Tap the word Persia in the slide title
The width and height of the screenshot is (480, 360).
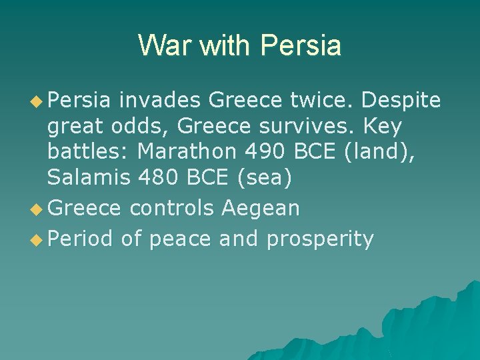click(x=301, y=45)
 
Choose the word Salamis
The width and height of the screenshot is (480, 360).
click(x=89, y=177)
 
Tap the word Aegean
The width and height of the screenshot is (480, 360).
click(x=261, y=208)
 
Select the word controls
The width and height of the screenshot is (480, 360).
click(x=172, y=208)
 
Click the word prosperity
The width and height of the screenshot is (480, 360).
click(x=320, y=239)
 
